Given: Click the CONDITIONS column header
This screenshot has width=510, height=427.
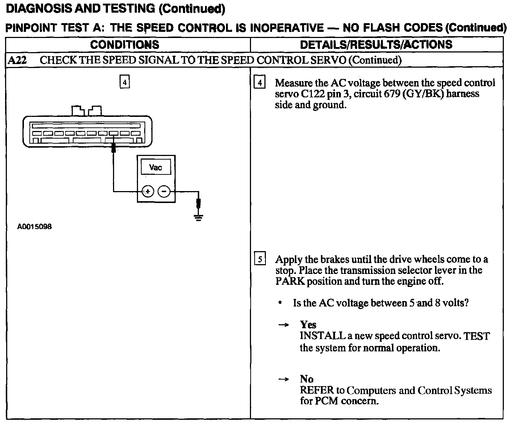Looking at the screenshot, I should tap(125, 45).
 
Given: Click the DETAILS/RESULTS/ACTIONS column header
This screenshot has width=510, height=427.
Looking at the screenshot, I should tap(376, 45).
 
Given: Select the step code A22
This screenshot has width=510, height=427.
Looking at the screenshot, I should tap(17, 60).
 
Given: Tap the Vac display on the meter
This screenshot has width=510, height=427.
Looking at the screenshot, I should tap(156, 168).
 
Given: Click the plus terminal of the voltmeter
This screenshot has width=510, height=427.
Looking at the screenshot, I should tap(147, 191).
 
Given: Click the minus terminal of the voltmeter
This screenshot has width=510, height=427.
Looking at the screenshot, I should tap(164, 191).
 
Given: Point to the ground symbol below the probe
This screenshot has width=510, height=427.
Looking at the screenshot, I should tap(198, 217).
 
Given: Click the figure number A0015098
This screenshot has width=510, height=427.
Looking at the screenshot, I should tap(34, 227).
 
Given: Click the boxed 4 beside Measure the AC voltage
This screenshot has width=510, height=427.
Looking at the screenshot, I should tap(260, 83).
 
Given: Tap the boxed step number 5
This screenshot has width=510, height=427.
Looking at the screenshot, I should tap(260, 259).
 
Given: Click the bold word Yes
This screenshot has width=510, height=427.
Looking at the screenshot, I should tap(308, 325).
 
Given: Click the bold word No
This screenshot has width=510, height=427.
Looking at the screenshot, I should tap(306, 379).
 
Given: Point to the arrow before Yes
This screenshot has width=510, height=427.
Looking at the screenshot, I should tap(283, 325).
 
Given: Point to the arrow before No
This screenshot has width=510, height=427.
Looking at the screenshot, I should tap(283, 379).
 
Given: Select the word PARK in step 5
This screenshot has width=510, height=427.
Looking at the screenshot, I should tap(290, 281).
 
